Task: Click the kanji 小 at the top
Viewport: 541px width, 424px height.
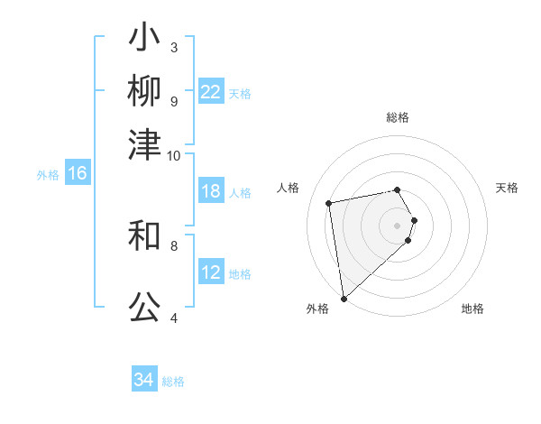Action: coord(145,40)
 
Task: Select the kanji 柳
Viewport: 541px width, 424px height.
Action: coord(145,92)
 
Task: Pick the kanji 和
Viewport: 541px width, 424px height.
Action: coord(145,236)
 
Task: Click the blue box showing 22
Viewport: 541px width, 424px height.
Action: coord(211,92)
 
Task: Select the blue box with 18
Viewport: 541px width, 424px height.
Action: coord(211,192)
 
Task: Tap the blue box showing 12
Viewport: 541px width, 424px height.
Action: coord(211,272)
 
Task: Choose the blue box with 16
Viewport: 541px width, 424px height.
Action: coord(78,174)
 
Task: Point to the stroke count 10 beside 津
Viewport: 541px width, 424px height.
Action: coord(174,156)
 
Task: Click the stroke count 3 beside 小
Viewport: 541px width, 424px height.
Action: coord(174,47)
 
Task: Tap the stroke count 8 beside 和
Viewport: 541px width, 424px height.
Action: coord(174,244)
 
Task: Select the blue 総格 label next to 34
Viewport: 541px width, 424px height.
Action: coord(173,382)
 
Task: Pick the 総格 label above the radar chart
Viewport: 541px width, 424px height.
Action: coord(398,117)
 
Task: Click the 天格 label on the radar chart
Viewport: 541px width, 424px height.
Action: coord(507,188)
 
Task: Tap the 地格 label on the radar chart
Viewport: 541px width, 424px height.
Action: coord(472,309)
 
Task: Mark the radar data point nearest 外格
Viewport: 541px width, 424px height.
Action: coord(344,298)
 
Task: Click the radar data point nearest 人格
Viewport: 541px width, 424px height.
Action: coord(329,202)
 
